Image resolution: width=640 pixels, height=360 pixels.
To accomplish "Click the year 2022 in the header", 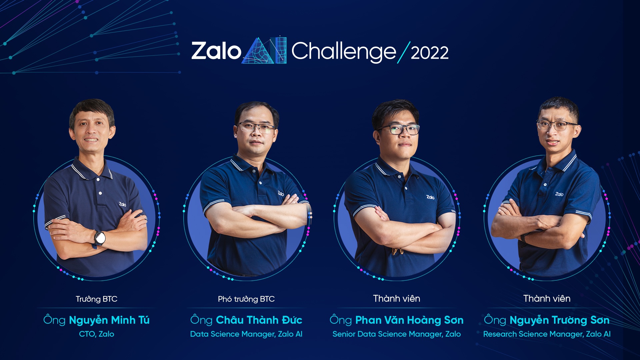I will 429,53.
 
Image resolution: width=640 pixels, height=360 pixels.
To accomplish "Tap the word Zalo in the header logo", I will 216,51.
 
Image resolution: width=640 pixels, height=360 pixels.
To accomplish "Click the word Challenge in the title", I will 344,52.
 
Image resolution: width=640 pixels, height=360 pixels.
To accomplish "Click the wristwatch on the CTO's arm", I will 99,238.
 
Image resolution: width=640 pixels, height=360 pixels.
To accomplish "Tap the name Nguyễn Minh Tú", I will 109,320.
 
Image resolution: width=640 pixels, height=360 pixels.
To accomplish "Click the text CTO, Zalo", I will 96,334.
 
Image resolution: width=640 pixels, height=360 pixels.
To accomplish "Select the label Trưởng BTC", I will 96,299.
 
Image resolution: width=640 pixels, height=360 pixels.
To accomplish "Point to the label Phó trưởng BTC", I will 246,299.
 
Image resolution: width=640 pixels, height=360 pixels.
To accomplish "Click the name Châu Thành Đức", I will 259,320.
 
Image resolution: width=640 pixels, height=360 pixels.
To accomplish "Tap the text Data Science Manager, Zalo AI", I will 246,334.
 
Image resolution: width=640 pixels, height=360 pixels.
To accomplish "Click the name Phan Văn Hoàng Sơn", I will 409,320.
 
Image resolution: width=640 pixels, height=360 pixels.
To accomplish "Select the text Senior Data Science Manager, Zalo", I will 396,334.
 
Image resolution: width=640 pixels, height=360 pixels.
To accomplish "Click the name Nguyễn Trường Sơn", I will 559,320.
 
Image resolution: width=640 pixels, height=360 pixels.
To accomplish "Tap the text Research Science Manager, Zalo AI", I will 547,334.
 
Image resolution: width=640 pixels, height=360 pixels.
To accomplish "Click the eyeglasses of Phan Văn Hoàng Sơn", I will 399,129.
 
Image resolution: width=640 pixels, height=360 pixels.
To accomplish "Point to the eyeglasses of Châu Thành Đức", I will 256,127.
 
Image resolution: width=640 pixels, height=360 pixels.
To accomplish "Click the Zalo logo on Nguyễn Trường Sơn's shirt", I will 559,194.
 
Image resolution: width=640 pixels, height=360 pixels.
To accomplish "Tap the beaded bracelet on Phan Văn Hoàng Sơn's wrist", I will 397,251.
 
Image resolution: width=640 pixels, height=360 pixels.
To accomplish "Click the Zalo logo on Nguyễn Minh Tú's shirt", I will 123,204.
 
